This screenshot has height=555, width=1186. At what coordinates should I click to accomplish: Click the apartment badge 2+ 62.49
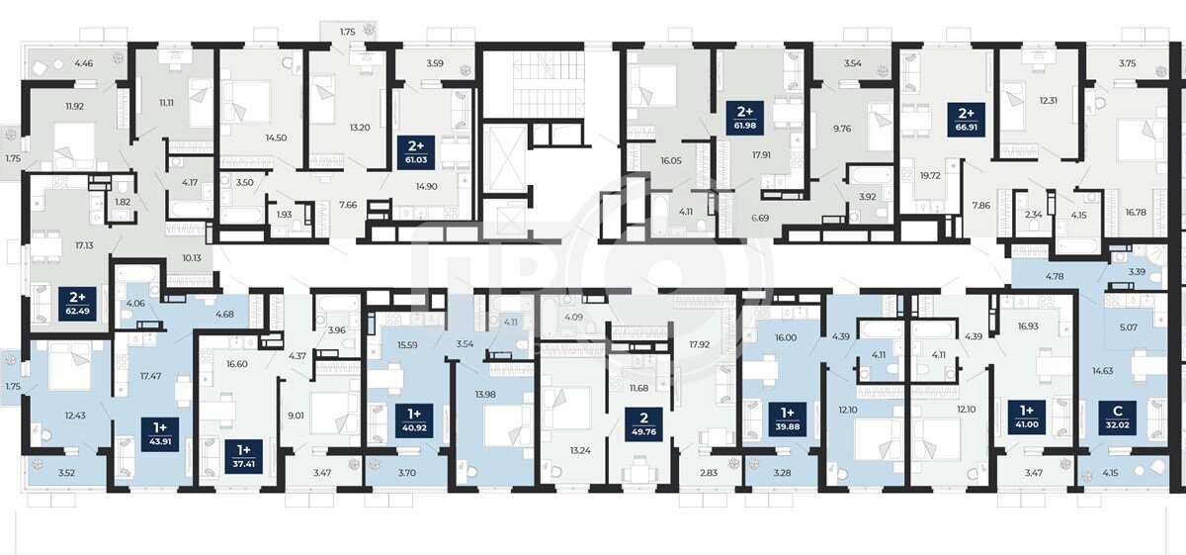[78, 305]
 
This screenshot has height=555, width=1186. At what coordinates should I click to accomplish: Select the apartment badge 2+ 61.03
[416, 152]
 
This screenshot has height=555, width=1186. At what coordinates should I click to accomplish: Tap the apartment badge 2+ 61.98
[745, 118]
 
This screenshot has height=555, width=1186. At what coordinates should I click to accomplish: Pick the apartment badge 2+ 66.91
[967, 120]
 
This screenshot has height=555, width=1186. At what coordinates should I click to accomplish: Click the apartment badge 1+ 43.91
[160, 434]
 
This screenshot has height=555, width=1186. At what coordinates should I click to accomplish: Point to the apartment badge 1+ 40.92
[414, 420]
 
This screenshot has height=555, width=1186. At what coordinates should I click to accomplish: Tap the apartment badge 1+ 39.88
[788, 419]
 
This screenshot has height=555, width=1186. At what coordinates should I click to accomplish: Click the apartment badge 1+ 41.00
[1027, 417]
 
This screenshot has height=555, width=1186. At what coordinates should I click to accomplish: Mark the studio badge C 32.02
[1118, 417]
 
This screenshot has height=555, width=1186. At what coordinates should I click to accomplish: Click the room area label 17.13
[84, 245]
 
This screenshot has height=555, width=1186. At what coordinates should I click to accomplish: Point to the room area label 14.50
[276, 138]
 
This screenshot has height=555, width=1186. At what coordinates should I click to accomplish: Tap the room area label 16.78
[1136, 212]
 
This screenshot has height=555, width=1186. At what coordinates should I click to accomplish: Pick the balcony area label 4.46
[84, 63]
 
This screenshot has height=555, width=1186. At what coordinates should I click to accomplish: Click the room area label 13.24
[580, 450]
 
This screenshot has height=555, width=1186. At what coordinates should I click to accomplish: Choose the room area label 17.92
[699, 344]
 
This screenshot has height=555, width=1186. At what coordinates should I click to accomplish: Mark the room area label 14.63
[1102, 371]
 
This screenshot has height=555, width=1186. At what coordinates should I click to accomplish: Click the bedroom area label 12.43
[75, 416]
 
